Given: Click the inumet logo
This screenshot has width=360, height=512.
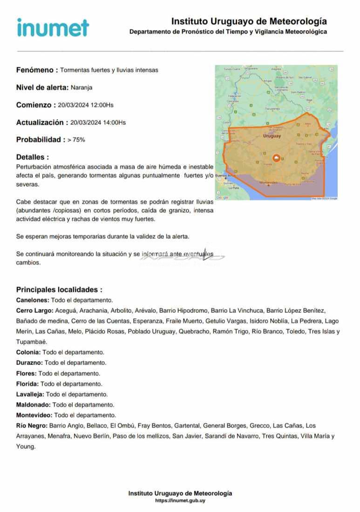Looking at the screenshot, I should pyautogui.click(x=53, y=27).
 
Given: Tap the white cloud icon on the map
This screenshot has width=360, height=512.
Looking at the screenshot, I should pyautogui.click(x=277, y=158).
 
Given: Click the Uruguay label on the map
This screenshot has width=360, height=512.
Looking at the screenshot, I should pyautogui.click(x=272, y=136).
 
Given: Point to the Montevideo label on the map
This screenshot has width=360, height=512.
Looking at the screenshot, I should pyautogui.click(x=269, y=182).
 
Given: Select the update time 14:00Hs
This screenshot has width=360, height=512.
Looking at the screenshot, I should pyautogui.click(x=114, y=122).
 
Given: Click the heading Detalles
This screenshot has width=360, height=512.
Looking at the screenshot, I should pyautogui.click(x=32, y=157).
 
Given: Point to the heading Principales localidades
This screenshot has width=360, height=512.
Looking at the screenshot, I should pyautogui.click(x=59, y=290).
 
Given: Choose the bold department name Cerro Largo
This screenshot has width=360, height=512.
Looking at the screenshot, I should pyautogui.click(x=34, y=310).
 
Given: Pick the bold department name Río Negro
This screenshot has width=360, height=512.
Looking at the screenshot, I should pyautogui.click(x=31, y=425).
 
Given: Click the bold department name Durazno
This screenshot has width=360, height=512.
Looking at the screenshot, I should pyautogui.click(x=29, y=363).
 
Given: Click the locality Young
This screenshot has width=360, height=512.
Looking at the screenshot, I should pyautogui.click(x=25, y=446).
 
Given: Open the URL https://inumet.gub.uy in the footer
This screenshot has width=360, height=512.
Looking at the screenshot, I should pyautogui.click(x=180, y=501).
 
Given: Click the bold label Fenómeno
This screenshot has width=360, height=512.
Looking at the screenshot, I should pyautogui.click(x=37, y=70).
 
